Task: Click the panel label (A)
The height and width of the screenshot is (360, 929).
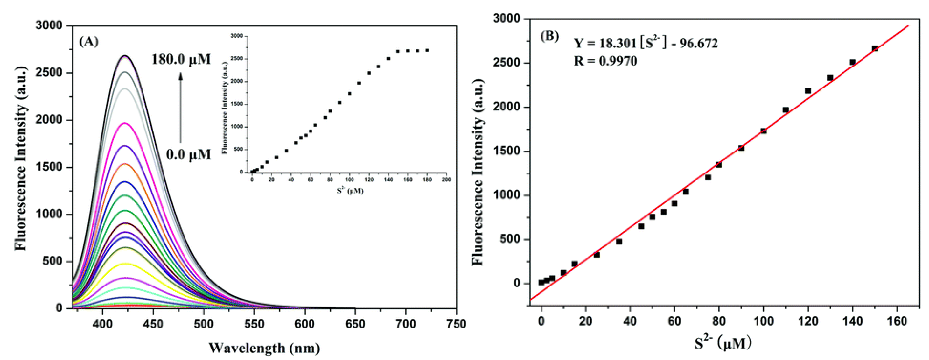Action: point(88,42)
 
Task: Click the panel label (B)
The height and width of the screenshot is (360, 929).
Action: point(549,36)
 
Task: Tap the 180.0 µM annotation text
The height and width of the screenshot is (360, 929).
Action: point(181,59)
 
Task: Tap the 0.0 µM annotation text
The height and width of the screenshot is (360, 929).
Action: point(188,155)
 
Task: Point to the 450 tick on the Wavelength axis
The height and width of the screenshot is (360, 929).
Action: point(153,324)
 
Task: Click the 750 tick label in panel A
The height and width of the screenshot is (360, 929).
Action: point(456,324)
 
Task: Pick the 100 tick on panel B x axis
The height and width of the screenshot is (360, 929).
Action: point(764,321)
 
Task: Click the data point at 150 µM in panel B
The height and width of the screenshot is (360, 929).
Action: point(875,48)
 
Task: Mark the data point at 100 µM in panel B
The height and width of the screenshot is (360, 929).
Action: point(764,131)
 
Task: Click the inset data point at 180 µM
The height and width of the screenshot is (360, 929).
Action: point(427,51)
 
